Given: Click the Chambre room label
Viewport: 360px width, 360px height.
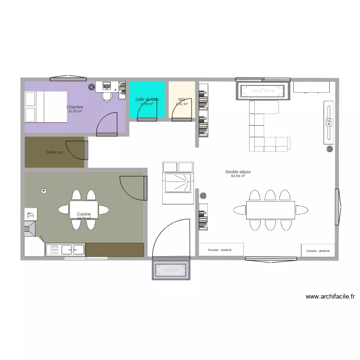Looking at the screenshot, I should point(75,107).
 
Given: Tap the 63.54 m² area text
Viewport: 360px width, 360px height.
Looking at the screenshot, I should point(238,176).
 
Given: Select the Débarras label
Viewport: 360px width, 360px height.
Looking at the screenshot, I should point(54,152).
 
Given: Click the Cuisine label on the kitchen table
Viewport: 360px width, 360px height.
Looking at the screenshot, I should point(84,214).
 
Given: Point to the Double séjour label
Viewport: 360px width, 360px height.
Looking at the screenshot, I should point(238,172).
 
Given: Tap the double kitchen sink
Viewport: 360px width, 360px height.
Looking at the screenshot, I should point(66,250).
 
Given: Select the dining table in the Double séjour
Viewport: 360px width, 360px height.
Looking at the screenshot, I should point(270,210).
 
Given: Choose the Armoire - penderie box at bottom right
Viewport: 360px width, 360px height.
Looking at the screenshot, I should point(318,251).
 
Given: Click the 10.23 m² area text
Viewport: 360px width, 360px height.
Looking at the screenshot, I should point(75,111).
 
